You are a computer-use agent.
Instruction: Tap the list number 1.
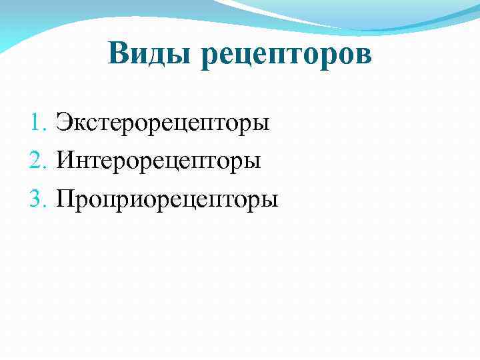pyautogui.click(x=36, y=123)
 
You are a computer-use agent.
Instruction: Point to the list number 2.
pyautogui.click(x=36, y=161)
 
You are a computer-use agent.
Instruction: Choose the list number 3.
pyautogui.click(x=36, y=199)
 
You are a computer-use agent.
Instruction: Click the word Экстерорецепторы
pyautogui.click(x=163, y=124)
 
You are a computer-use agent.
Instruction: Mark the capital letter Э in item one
pyautogui.click(x=64, y=123)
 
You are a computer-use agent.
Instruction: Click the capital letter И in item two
pyautogui.click(x=66, y=161)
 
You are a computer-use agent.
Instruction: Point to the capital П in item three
pyautogui.click(x=67, y=199)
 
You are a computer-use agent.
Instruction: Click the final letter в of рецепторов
pyautogui.click(x=363, y=56)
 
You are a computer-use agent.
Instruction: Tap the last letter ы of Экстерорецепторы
pyautogui.click(x=263, y=125)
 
